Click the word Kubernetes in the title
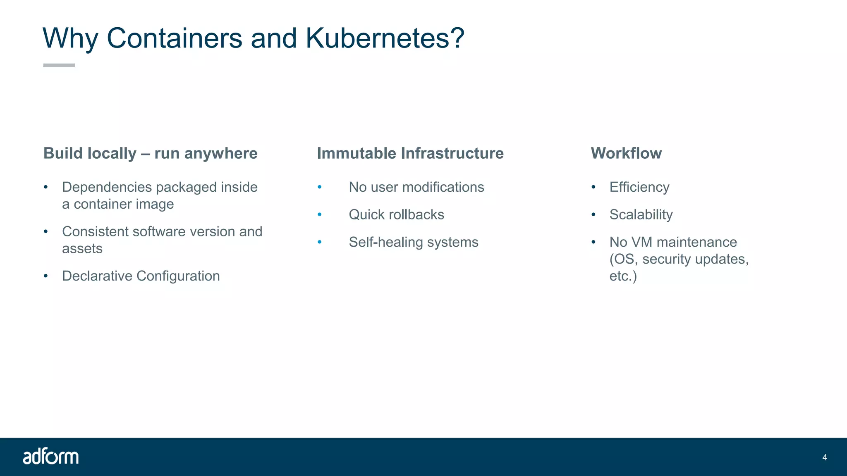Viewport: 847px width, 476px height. pos(377,38)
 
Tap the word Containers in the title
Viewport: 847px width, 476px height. pos(175,38)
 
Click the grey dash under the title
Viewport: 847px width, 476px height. pos(59,65)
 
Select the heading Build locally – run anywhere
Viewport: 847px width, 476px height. pos(151,153)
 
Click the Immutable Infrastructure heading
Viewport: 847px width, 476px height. pos(410,153)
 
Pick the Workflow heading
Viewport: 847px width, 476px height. pos(626,153)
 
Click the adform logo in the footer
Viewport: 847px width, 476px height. pos(51,457)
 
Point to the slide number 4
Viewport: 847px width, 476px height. pos(825,457)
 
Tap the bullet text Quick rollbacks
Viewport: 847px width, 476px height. pos(396,214)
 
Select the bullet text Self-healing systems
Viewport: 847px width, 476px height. pos(414,242)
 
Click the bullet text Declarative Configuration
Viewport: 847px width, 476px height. pos(141,276)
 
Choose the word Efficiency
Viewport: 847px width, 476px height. pos(639,187)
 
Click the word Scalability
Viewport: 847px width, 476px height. pos(641,214)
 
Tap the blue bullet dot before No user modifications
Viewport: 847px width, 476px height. pos(320,187)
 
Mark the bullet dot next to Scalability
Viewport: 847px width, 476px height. pos(593,214)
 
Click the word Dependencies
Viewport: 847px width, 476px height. pos(107,187)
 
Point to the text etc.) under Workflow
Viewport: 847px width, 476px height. pos(623,276)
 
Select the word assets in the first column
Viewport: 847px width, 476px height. pos(82,249)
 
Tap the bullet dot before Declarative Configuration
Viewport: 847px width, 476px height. pos(46,276)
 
